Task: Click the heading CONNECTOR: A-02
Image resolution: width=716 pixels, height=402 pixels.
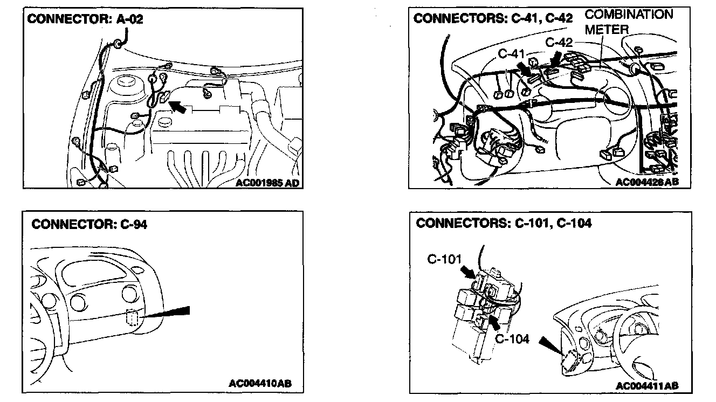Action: click(85, 19)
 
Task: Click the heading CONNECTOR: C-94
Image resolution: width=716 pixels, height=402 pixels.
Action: click(89, 224)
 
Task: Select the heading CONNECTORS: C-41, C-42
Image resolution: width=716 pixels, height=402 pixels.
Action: click(492, 18)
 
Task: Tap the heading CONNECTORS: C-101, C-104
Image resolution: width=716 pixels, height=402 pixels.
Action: click(504, 223)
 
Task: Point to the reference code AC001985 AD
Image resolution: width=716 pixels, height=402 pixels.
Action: click(267, 183)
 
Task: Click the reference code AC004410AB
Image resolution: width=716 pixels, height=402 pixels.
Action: click(260, 384)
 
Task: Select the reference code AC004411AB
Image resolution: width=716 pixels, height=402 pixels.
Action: click(646, 386)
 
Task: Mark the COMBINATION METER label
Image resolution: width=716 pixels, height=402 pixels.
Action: click(629, 22)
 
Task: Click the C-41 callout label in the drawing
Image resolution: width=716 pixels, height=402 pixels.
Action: click(511, 53)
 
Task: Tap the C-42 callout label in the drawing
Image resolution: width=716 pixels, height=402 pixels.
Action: click(559, 42)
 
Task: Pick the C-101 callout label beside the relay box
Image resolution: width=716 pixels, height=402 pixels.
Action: click(444, 259)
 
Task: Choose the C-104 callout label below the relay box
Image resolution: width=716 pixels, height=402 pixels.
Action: click(512, 339)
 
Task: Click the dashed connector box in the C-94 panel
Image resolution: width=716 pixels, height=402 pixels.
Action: click(132, 318)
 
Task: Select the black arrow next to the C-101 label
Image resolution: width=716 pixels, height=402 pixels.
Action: click(469, 268)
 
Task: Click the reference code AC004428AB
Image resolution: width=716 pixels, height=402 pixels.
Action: click(646, 182)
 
